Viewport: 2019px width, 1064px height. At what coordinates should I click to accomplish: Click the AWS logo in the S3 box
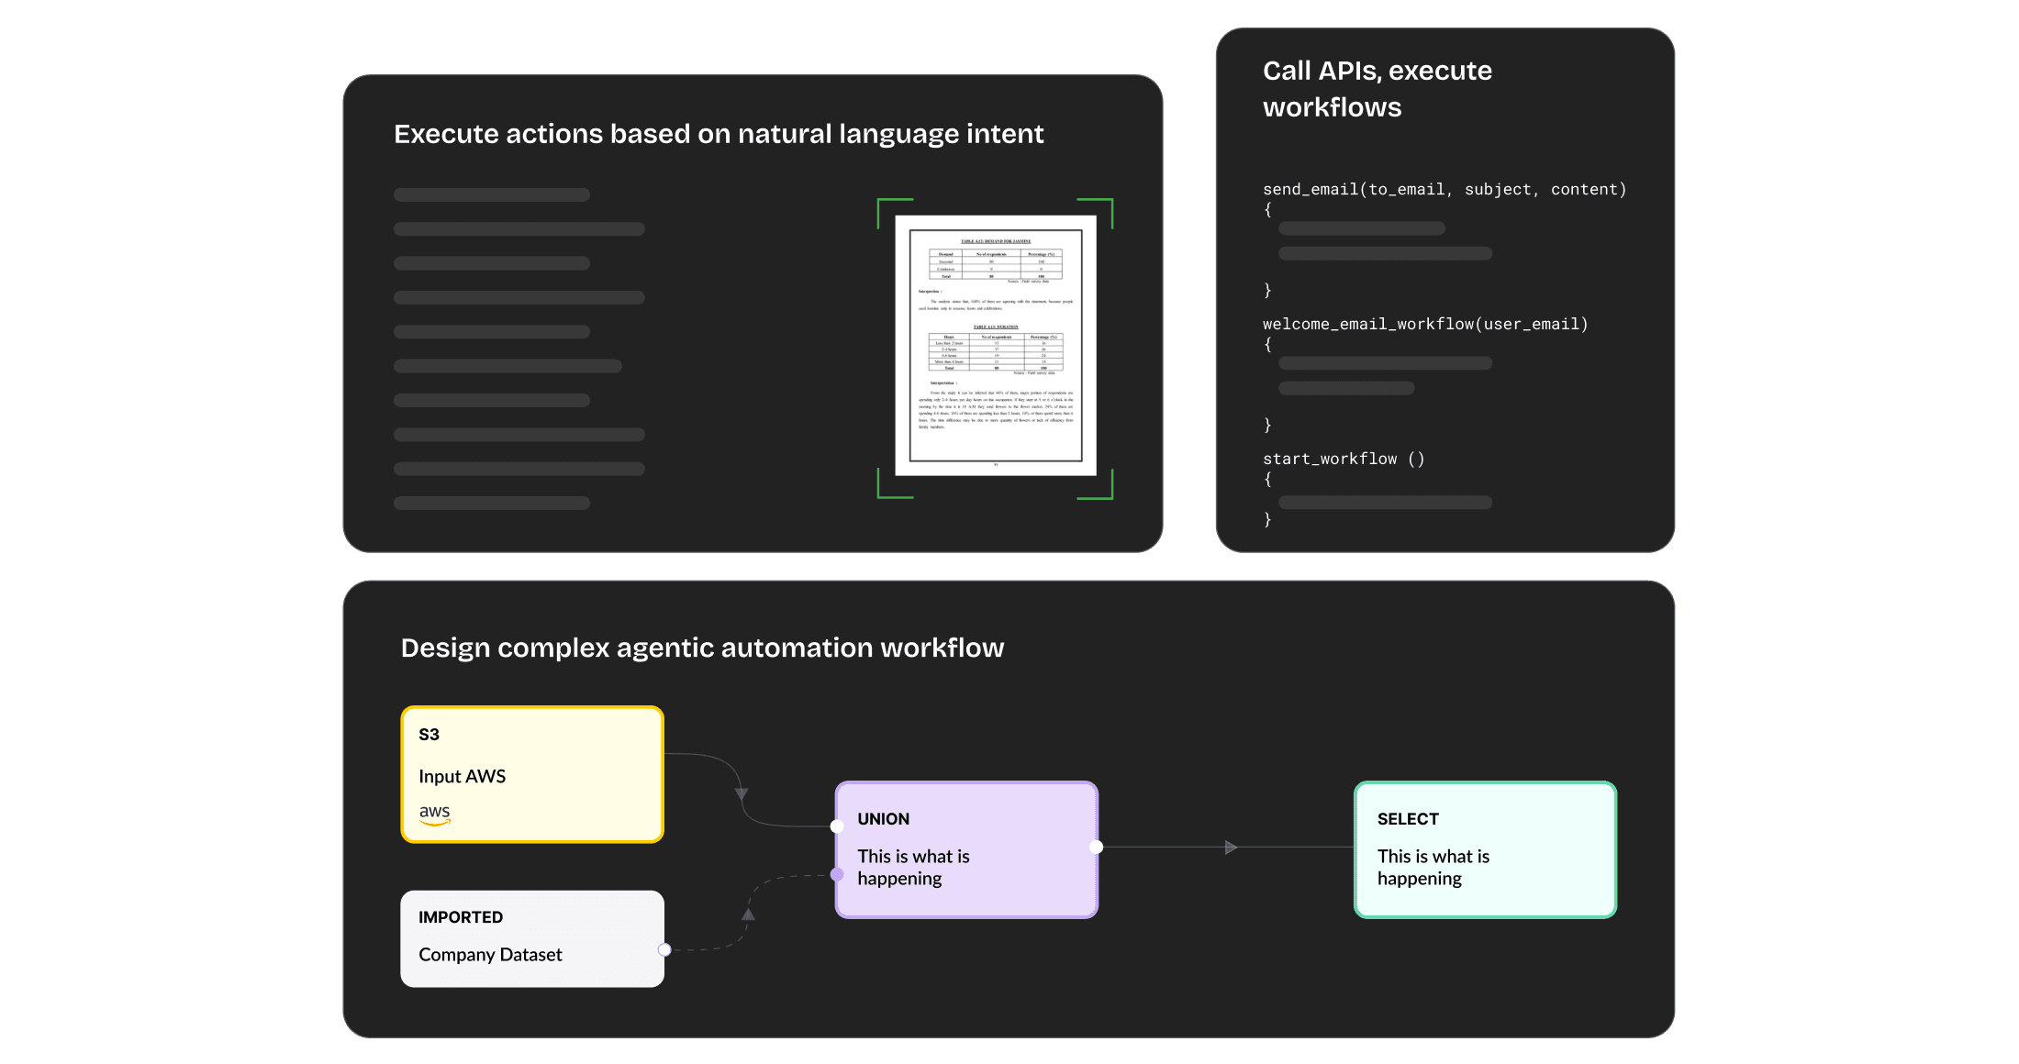click(434, 814)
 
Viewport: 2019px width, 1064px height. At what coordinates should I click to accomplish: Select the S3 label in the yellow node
click(429, 735)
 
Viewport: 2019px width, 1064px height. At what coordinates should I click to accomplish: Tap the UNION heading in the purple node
click(883, 819)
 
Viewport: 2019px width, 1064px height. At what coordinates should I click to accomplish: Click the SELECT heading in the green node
click(1407, 819)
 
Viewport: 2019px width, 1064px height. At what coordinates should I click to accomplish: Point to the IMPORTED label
click(461, 917)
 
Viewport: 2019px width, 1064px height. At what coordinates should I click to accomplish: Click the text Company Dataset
click(490, 955)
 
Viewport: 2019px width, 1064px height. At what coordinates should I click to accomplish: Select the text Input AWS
click(462, 776)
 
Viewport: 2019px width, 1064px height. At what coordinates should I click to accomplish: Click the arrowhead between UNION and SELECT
click(1231, 848)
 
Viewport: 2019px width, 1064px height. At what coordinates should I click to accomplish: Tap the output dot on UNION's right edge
click(1096, 847)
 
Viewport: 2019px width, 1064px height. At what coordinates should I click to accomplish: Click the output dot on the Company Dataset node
click(664, 949)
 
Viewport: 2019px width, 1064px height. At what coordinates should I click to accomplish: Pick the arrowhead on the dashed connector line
click(748, 914)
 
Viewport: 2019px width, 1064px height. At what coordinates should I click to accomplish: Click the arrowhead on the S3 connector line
click(742, 793)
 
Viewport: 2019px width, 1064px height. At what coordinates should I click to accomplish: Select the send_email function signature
click(1444, 190)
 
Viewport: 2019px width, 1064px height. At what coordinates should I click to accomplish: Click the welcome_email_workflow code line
click(1424, 325)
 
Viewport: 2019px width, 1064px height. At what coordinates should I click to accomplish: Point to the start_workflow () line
click(1343, 459)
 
